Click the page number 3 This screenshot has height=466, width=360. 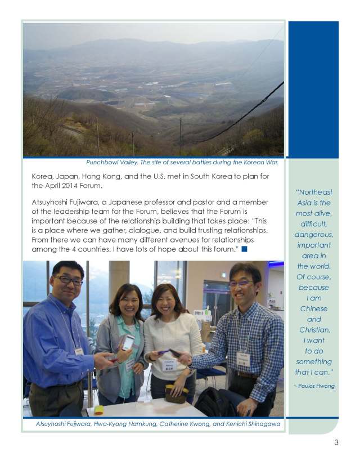(x=336, y=442)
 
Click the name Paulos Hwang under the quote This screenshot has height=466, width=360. (x=314, y=386)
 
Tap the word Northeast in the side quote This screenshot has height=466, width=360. (x=314, y=192)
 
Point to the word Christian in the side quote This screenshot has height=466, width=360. (x=314, y=329)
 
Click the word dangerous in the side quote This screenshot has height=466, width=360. (x=314, y=234)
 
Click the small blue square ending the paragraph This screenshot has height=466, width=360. (x=244, y=248)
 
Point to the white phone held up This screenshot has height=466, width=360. (x=128, y=342)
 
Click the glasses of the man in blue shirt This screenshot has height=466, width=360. (x=68, y=280)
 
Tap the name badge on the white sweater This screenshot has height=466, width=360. (x=169, y=365)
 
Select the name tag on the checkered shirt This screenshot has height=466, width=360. (x=243, y=359)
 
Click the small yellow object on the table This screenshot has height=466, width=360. (x=98, y=410)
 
